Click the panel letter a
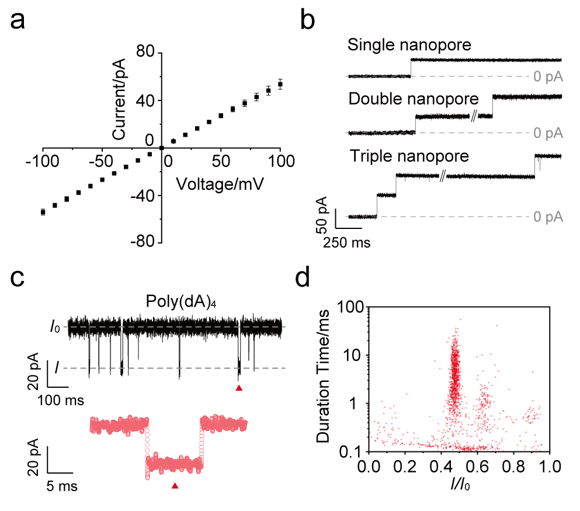[x=18, y=20]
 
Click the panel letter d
[x=302, y=278]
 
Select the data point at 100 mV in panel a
[x=280, y=84]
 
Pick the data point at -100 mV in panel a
[x=43, y=212]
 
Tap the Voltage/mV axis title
[x=220, y=184]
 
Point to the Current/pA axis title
[x=119, y=99]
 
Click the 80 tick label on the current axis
[x=145, y=51]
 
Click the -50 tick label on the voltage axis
[x=101, y=161]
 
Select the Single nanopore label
[x=409, y=45]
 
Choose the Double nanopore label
[x=413, y=99]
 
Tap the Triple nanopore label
[x=409, y=156]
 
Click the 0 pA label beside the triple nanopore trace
[x=548, y=217]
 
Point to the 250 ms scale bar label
[x=346, y=242]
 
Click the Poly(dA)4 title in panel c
[x=181, y=301]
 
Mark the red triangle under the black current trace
[x=239, y=388]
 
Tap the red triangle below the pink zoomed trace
[x=175, y=486]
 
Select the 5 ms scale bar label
[x=62, y=486]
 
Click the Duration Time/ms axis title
[x=323, y=376]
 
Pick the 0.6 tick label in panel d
[x=479, y=467]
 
